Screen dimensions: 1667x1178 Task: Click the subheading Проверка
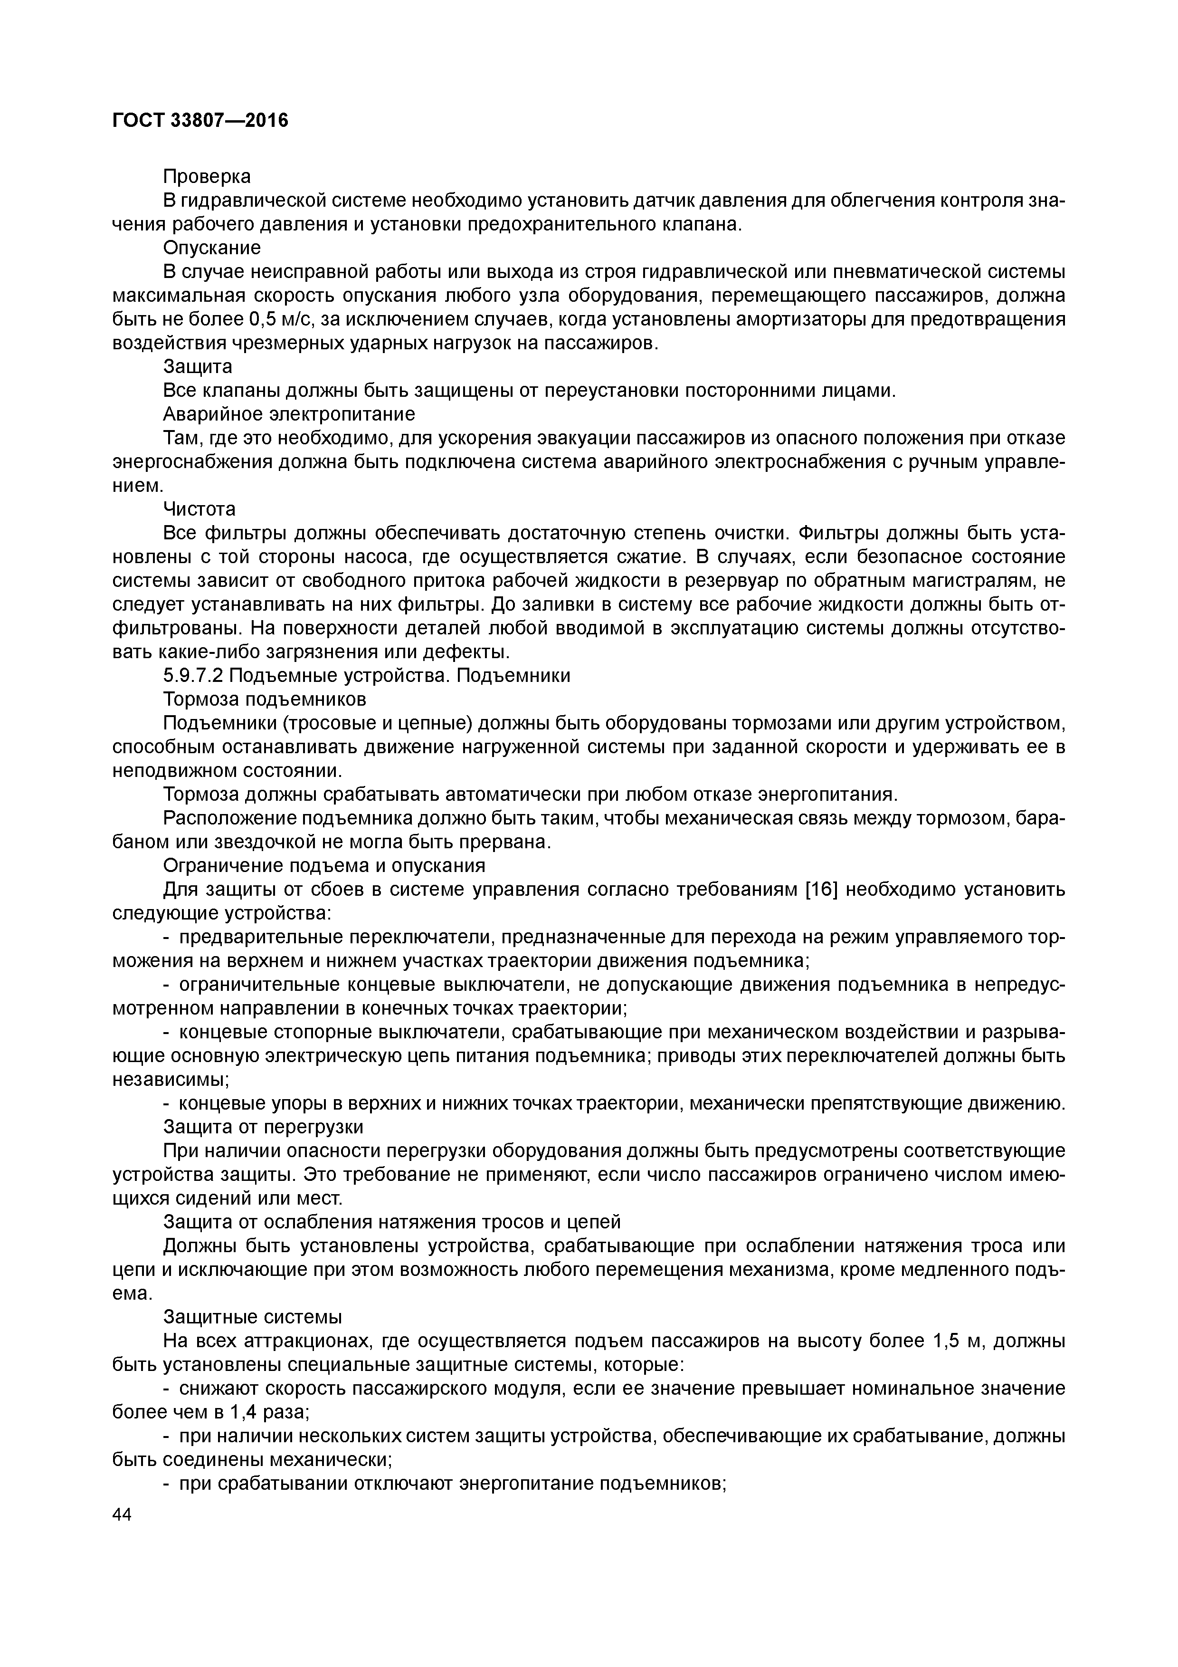207,176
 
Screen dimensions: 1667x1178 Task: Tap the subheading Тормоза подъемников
264,699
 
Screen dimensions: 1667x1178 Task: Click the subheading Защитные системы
252,1317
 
